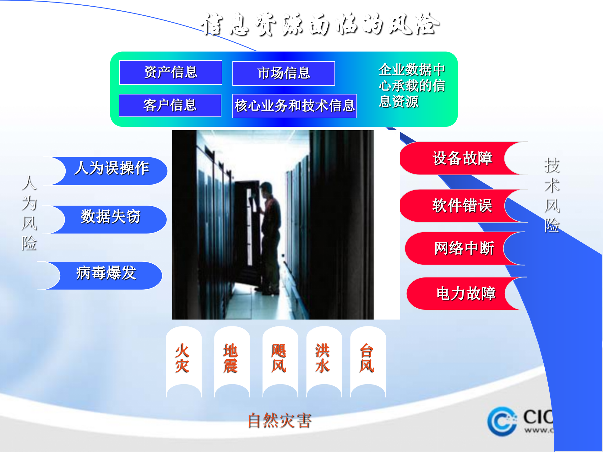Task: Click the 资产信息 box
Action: coord(171,73)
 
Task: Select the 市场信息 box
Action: coord(283,73)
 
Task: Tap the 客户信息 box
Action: coord(170,105)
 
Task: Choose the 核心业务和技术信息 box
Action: coord(294,106)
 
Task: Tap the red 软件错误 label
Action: coord(462,206)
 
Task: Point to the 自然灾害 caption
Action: coord(279,421)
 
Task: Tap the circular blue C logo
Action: coord(502,421)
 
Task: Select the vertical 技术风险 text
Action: coord(552,195)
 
